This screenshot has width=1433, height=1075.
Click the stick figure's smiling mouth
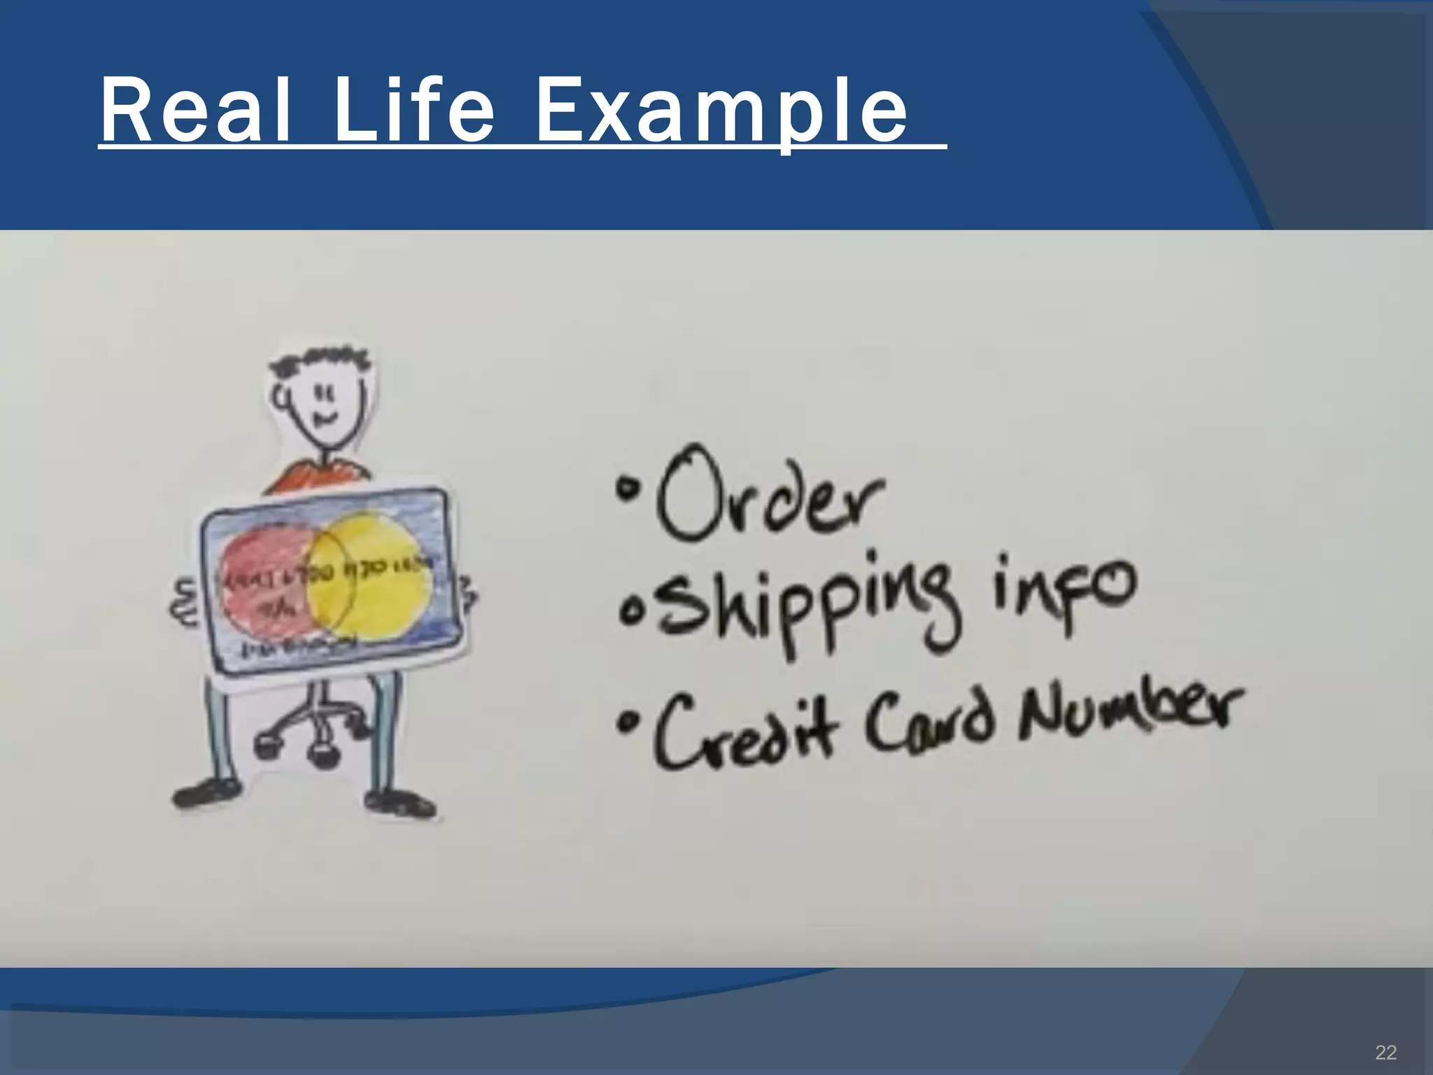point(325,419)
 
